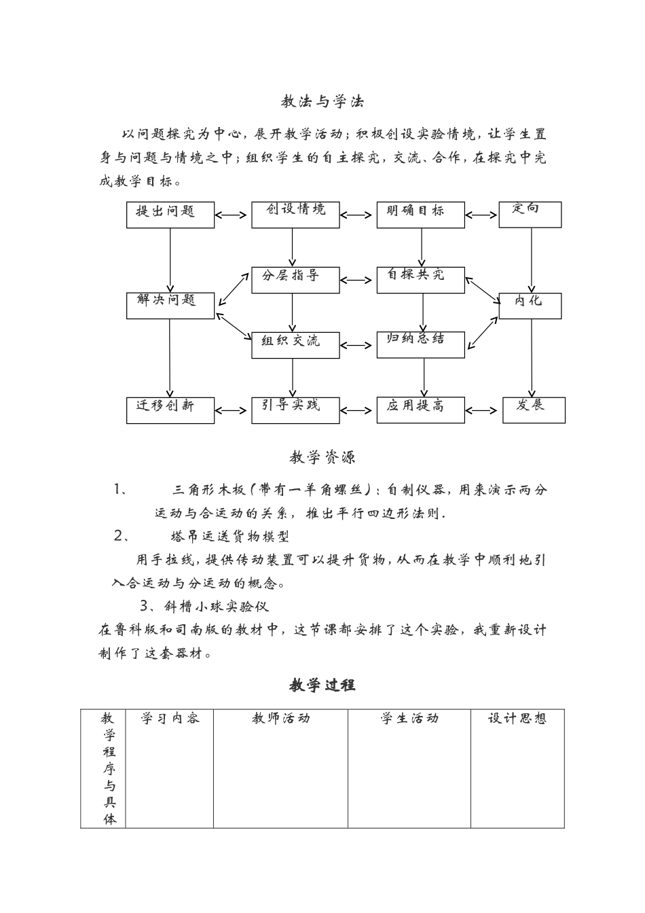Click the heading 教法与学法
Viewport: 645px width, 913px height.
(322, 102)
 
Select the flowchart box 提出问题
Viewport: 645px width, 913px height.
(170, 214)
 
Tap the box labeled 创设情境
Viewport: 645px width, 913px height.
(295, 214)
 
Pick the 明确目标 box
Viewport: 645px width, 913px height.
(421, 214)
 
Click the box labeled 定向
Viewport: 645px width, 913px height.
(530, 213)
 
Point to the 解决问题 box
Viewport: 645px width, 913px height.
(170, 305)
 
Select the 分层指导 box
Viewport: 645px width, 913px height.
(295, 279)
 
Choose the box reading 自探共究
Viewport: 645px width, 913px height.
(421, 279)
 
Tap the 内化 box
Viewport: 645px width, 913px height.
(530, 305)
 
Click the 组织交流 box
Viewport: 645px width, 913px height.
(295, 344)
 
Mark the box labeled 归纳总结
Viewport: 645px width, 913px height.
(421, 344)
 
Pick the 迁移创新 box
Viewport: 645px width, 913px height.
(170, 410)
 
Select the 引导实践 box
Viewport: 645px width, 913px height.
(295, 410)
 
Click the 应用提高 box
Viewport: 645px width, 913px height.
(421, 410)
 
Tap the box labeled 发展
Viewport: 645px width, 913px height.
(534, 410)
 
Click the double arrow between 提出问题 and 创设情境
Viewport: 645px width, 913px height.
(233, 215)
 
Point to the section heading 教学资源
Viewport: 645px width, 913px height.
(322, 458)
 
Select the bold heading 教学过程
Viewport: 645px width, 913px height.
(322, 685)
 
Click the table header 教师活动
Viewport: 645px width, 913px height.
(280, 718)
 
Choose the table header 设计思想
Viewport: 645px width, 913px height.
(517, 718)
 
